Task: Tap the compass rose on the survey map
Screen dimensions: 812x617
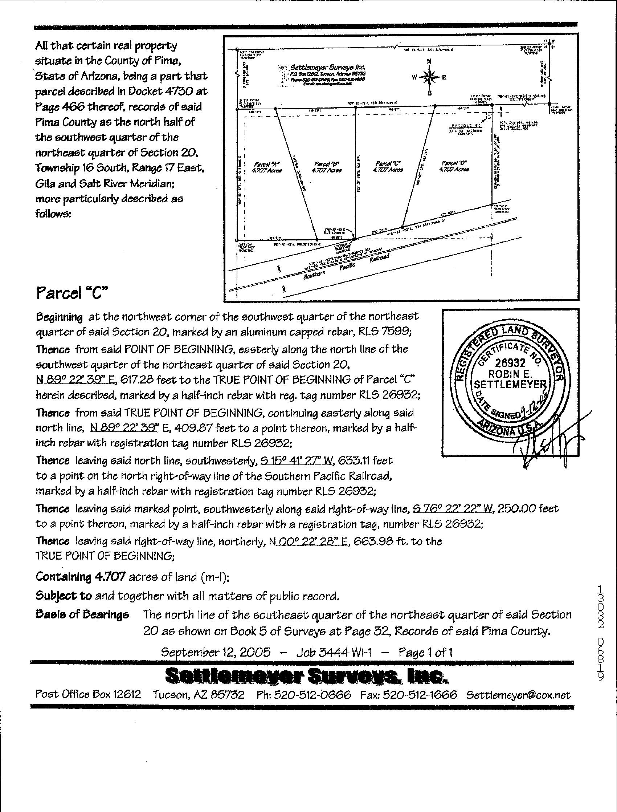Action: tap(429, 77)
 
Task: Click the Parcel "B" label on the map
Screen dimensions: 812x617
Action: tap(327, 167)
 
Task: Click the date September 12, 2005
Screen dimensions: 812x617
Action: tap(216, 652)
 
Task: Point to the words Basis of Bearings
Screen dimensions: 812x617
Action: tap(82, 614)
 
